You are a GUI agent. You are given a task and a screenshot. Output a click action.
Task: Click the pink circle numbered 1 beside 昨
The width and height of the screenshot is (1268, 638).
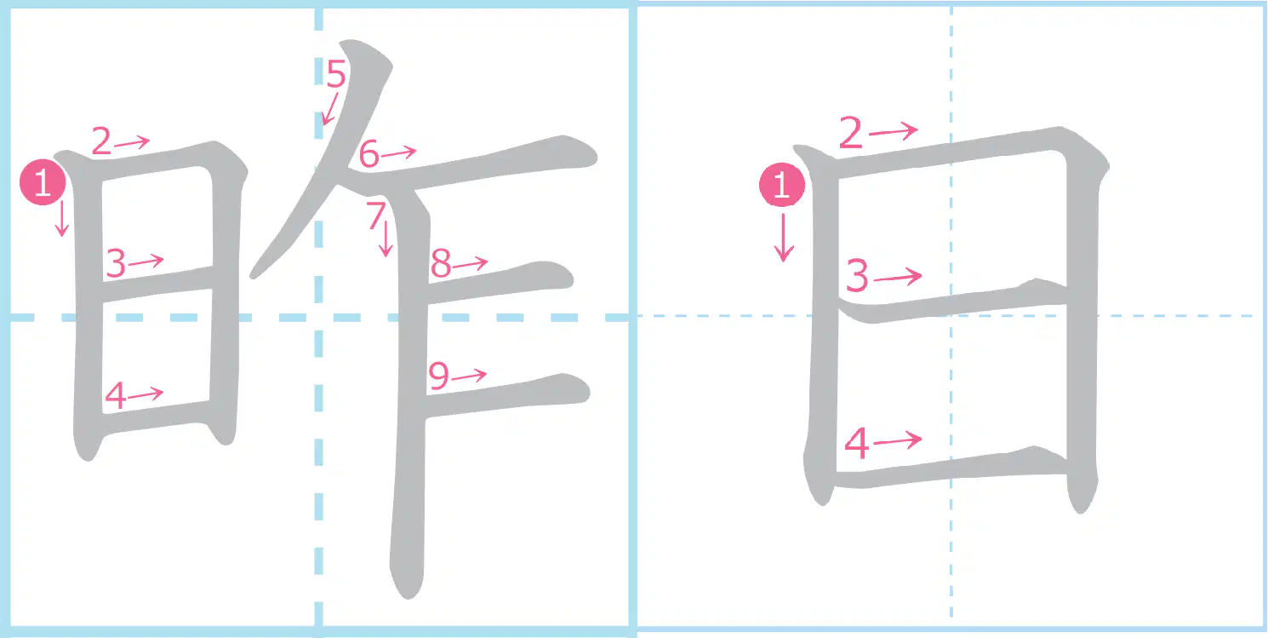click(43, 182)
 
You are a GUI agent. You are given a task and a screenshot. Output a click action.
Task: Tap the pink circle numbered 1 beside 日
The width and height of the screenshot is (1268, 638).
click(782, 185)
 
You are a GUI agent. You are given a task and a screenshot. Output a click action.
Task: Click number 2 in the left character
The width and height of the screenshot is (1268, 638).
click(102, 141)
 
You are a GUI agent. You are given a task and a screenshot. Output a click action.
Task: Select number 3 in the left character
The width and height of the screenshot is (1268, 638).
click(116, 263)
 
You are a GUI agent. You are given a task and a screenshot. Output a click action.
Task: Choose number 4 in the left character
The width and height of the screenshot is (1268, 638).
click(116, 395)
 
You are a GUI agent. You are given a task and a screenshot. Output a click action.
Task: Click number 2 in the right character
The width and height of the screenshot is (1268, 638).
click(851, 133)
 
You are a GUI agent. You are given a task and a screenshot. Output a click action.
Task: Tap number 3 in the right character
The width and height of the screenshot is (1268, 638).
click(857, 276)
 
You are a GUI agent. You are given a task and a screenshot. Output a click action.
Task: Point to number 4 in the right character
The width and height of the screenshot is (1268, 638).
click(856, 443)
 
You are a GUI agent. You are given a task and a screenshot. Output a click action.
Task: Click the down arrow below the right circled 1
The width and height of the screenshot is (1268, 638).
click(784, 238)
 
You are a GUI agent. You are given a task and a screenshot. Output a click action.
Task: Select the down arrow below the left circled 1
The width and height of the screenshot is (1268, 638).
click(62, 218)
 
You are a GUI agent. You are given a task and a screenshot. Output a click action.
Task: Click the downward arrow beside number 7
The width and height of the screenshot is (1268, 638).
click(386, 239)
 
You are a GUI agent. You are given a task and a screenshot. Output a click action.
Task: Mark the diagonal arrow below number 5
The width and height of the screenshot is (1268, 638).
click(330, 109)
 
